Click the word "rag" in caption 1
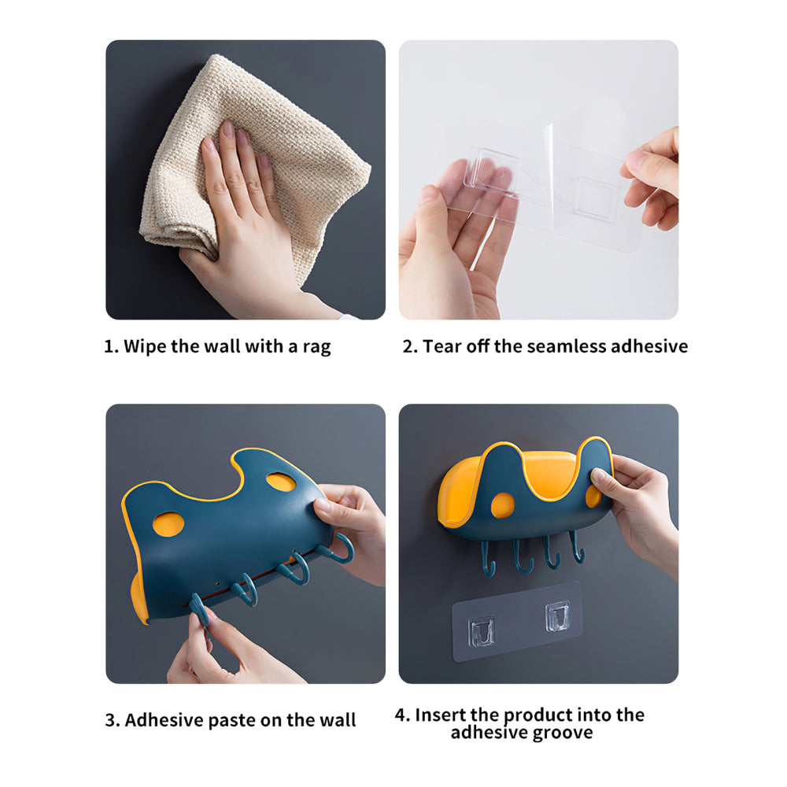pos(316,348)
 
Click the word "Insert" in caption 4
pos(440,715)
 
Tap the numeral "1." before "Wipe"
pos(111,346)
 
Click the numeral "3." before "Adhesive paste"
pos(113,720)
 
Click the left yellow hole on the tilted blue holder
pos(168,524)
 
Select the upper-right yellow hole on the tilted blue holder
pos(281,482)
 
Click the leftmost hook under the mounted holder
pos(488,560)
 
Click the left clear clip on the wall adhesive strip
pos(481,631)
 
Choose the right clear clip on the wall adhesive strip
pos(557,616)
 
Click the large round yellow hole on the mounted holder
pos(502,505)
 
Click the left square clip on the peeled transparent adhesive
pos(491,170)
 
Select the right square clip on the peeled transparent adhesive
pos(596,199)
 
